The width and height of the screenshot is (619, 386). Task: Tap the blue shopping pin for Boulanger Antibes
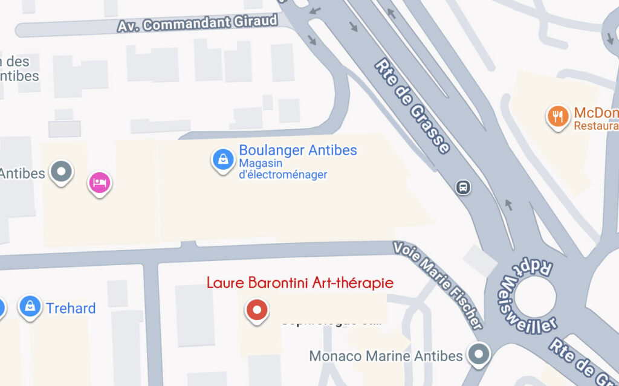click(223, 160)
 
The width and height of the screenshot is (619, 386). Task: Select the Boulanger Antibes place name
click(298, 150)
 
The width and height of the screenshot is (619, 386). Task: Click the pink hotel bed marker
click(100, 182)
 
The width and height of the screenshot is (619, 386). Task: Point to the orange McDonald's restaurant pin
click(557, 116)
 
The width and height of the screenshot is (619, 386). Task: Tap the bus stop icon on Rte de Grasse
click(463, 187)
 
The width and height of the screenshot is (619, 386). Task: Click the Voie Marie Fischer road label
click(438, 284)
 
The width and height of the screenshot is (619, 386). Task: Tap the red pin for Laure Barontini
click(257, 310)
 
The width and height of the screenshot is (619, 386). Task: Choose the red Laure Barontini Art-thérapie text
click(300, 283)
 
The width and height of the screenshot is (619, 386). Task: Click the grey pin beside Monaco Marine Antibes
click(479, 353)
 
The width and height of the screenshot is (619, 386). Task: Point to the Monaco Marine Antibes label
click(386, 356)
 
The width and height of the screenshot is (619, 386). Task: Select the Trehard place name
click(71, 308)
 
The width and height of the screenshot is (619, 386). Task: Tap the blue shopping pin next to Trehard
click(29, 306)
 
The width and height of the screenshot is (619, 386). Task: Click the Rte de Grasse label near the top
click(412, 106)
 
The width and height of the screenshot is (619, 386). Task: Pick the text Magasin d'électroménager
click(283, 169)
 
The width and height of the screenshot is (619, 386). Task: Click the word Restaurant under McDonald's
click(596, 126)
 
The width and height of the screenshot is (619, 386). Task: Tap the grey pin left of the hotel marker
click(61, 172)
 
